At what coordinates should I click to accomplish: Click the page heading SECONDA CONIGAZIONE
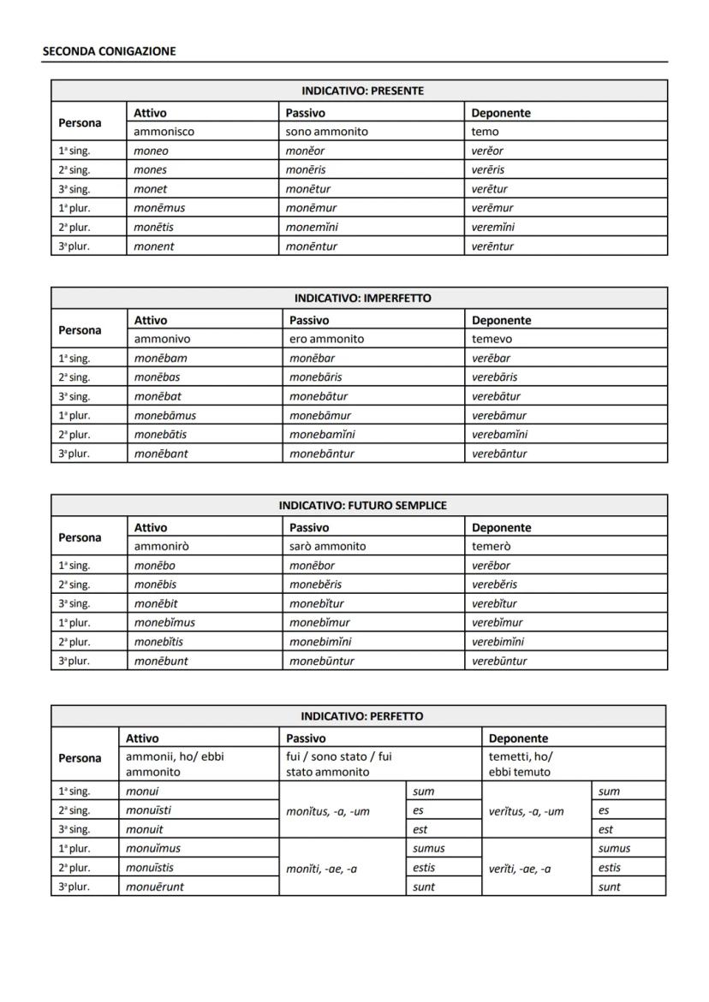(109, 51)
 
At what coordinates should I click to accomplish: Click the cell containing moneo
(152, 151)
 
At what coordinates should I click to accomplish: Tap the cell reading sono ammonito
(327, 132)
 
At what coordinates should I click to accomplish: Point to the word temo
(485, 132)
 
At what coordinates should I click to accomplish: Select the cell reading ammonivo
(162, 339)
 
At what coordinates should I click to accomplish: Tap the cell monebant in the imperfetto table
(161, 454)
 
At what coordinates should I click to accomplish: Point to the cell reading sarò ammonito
(327, 546)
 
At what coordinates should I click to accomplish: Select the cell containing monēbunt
(161, 661)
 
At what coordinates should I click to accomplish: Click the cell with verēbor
(491, 566)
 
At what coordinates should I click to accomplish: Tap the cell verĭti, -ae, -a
(520, 869)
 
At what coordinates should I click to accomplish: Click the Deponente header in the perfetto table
(518, 738)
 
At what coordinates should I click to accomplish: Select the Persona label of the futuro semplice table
(80, 537)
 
